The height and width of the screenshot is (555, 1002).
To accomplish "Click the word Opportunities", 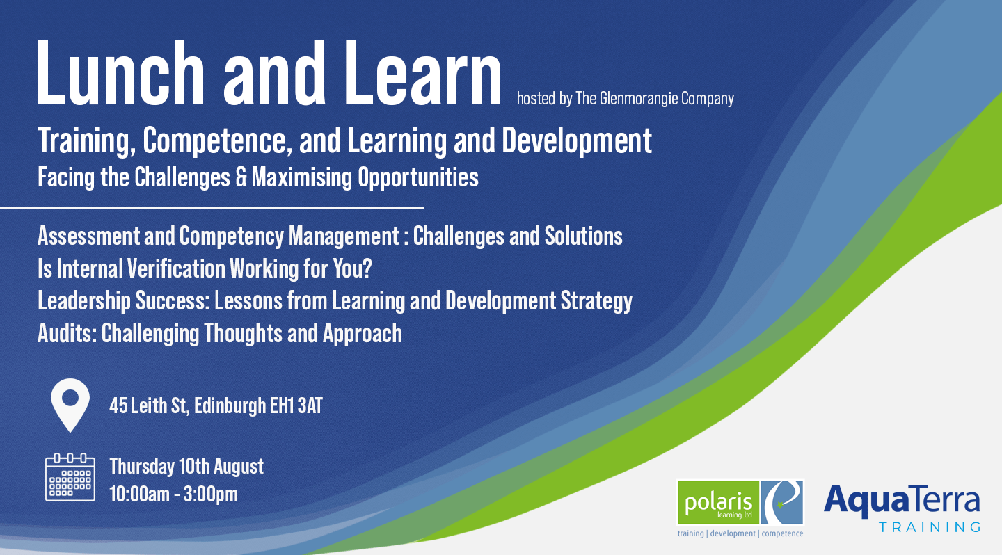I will (x=418, y=177).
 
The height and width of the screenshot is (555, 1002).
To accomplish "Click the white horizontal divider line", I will (x=212, y=207).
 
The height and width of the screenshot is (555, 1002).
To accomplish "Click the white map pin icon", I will (x=70, y=404).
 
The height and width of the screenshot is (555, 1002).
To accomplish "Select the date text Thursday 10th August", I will (x=186, y=466).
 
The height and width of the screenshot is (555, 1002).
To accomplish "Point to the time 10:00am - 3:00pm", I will (x=174, y=494).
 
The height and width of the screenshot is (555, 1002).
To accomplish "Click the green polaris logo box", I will (x=717, y=502).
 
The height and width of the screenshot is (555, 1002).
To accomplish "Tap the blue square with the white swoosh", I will (x=783, y=502).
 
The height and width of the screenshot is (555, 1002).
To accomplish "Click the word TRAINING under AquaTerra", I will (x=929, y=526).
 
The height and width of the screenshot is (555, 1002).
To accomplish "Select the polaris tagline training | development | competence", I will (x=740, y=533).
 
